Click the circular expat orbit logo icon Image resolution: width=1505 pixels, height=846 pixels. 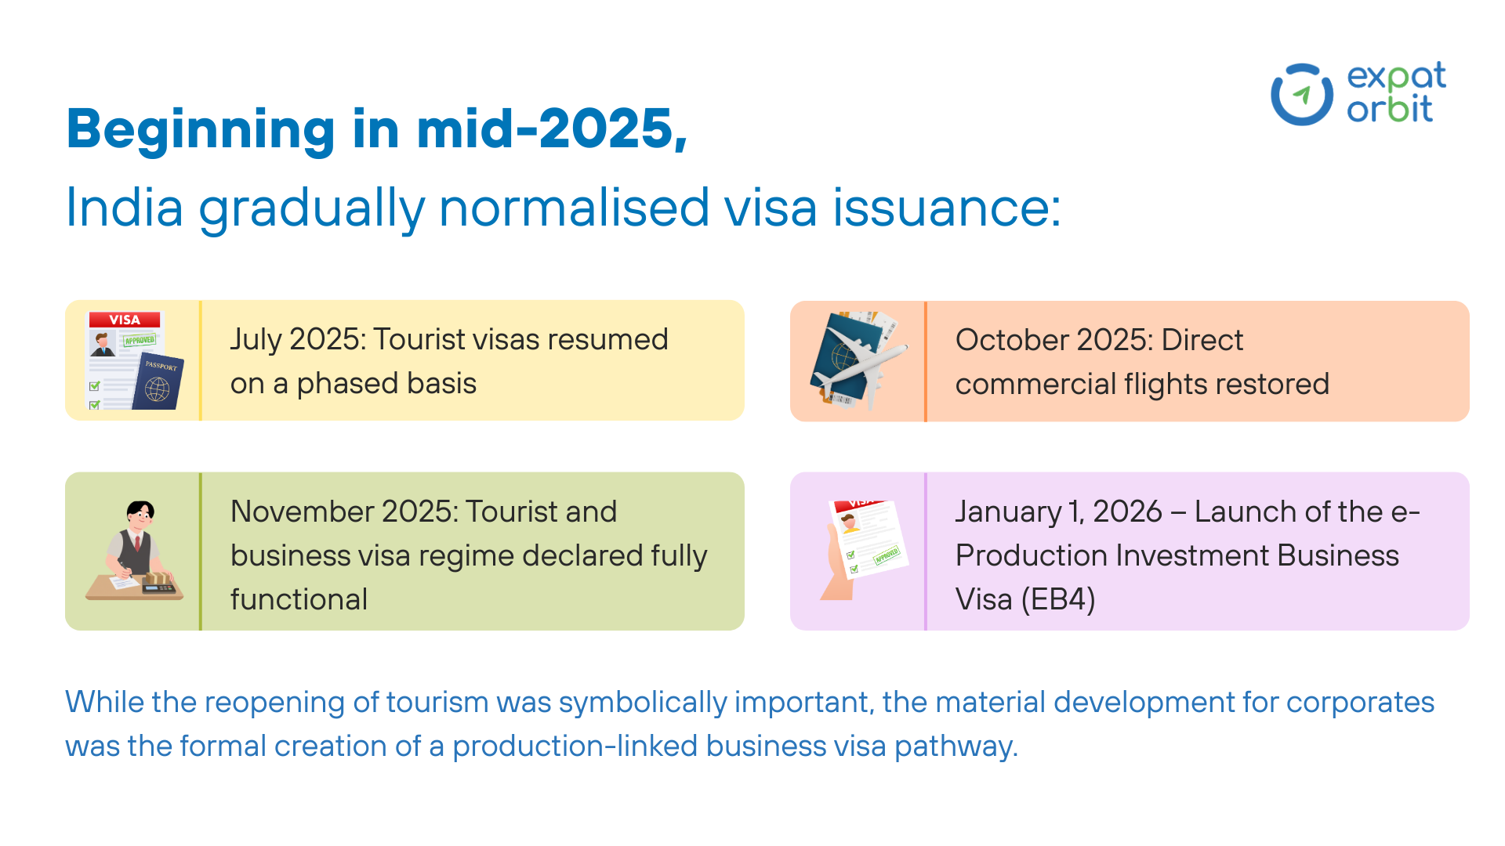1301,95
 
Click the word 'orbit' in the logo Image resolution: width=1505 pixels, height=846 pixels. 1390,108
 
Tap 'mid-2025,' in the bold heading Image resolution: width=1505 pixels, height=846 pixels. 552,128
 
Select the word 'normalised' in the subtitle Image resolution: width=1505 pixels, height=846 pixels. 574,208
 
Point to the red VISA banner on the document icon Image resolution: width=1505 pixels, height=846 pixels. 125,320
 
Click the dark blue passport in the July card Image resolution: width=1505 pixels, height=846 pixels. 158,381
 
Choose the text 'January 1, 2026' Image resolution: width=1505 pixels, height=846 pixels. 1058,512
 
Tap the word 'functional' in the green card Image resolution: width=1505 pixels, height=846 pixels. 299,600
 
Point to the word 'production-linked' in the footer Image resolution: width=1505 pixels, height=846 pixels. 575,747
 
